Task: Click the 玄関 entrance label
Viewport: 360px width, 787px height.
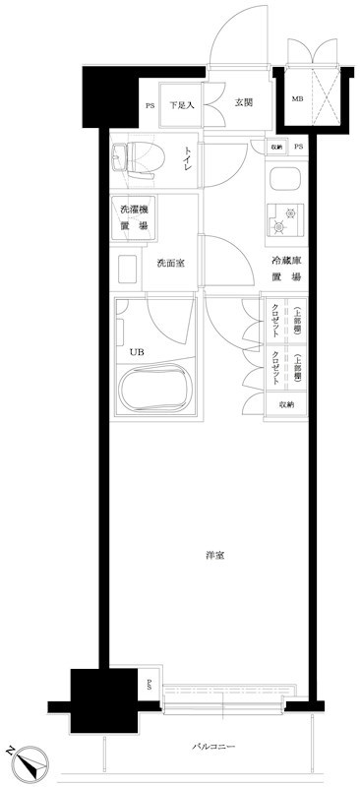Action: tap(245, 100)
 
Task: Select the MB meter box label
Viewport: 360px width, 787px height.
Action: tap(296, 99)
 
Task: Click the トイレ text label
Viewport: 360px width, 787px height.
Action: tap(187, 159)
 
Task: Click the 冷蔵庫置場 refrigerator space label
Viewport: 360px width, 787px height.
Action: tap(286, 269)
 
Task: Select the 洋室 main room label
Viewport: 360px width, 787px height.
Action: tap(215, 556)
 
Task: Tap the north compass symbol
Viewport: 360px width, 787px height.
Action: tap(30, 759)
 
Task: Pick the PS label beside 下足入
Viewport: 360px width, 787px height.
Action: tap(150, 105)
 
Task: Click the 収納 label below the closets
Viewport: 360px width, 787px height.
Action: tap(285, 404)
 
